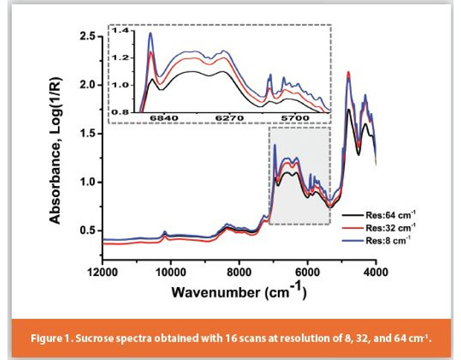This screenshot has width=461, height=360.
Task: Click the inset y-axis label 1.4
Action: [x=121, y=30]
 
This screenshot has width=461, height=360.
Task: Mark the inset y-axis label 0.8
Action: [x=121, y=112]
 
